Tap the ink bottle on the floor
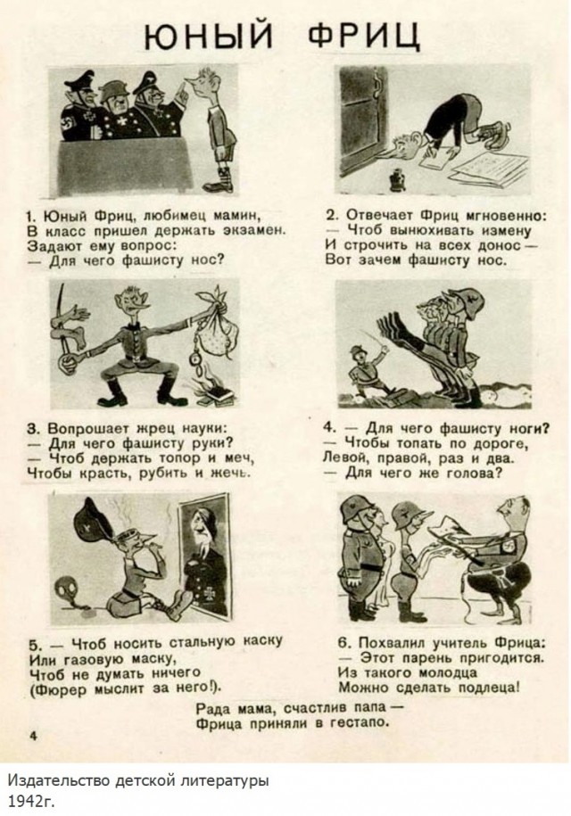(398, 179)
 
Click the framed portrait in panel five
(205, 556)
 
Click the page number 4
(33, 736)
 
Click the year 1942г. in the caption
(30, 801)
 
